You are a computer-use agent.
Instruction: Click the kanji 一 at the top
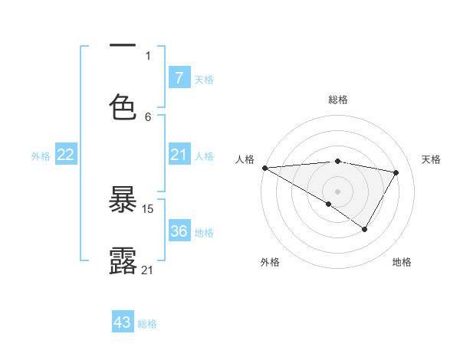pyautogui.click(x=123, y=47)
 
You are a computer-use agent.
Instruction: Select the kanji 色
pyautogui.click(x=123, y=106)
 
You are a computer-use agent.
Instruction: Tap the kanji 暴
pyautogui.click(x=123, y=200)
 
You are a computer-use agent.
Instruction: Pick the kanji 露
pyautogui.click(x=123, y=260)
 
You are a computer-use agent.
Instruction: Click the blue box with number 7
pyautogui.click(x=179, y=77)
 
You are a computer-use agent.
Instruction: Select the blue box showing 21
pyautogui.click(x=179, y=155)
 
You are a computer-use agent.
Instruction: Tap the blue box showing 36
pyautogui.click(x=179, y=231)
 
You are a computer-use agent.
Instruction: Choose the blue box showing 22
pyautogui.click(x=65, y=155)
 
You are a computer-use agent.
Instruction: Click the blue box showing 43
pyautogui.click(x=123, y=322)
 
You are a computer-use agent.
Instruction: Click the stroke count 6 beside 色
pyautogui.click(x=148, y=116)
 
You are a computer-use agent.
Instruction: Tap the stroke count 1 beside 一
pyautogui.click(x=148, y=55)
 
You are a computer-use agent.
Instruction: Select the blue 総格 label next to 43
pyautogui.click(x=147, y=324)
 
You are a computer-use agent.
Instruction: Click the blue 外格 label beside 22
pyautogui.click(x=41, y=155)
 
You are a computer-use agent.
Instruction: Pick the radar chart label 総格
pyautogui.click(x=338, y=100)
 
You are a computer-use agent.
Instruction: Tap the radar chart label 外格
pyautogui.click(x=270, y=262)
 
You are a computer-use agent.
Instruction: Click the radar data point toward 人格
pyautogui.click(x=264, y=168)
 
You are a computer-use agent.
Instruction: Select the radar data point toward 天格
pyautogui.click(x=396, y=172)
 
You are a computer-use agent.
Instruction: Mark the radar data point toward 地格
pyautogui.click(x=365, y=229)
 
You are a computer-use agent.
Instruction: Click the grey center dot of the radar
pyautogui.click(x=337, y=191)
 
